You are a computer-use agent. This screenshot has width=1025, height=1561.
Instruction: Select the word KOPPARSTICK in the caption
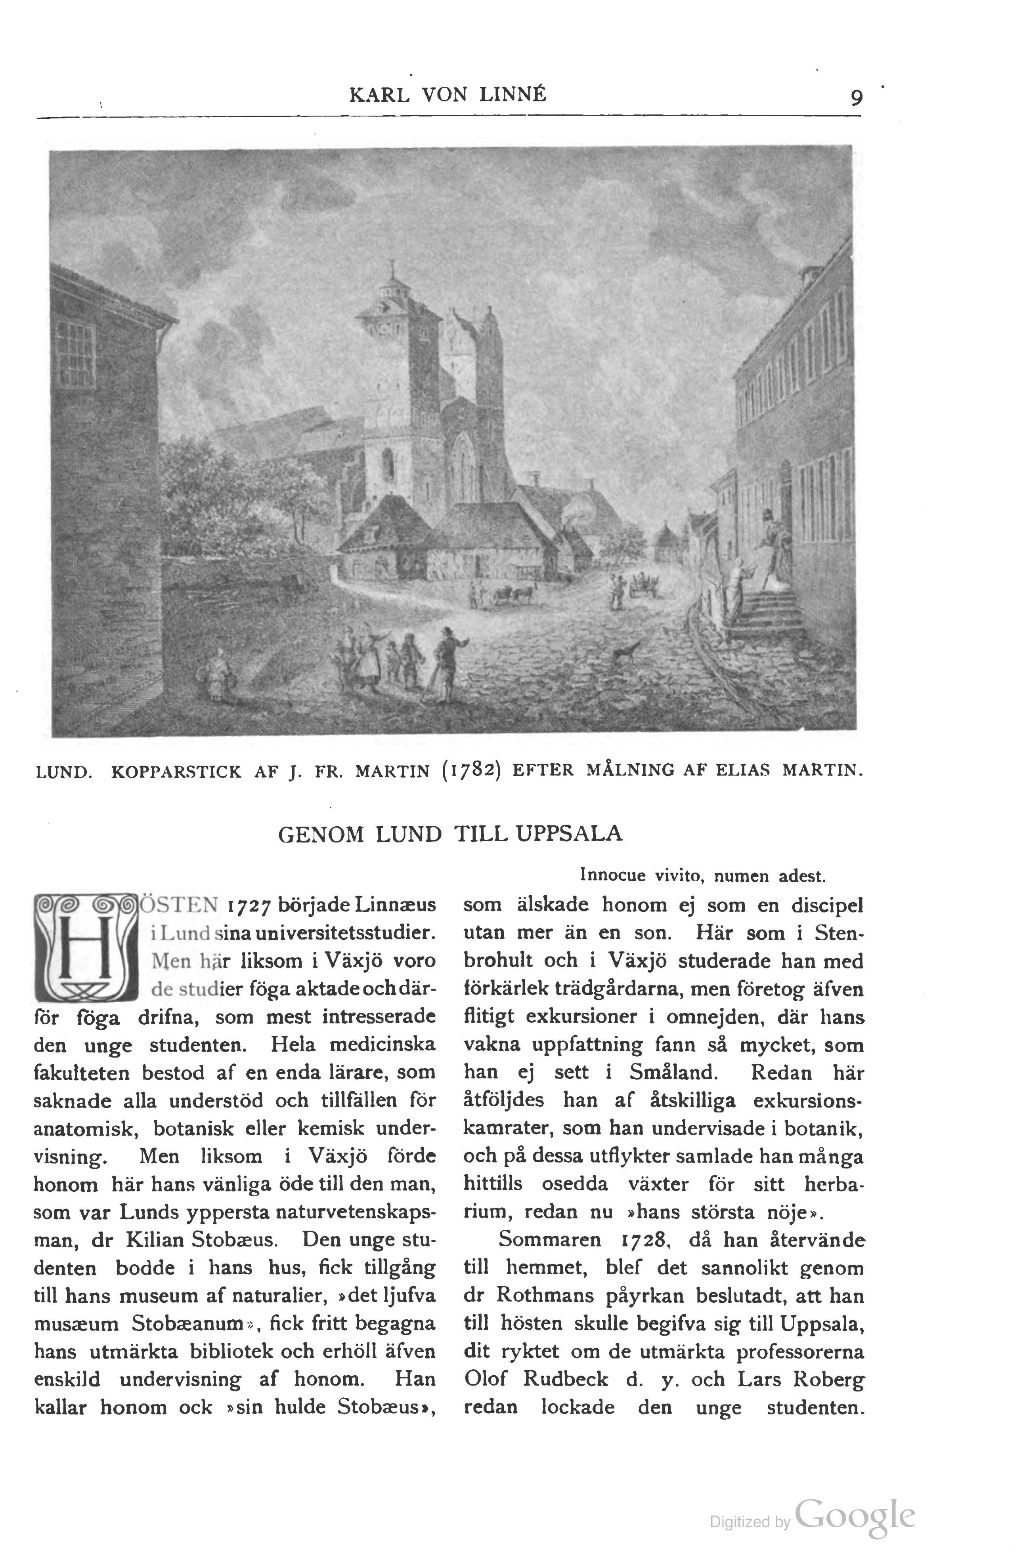176,771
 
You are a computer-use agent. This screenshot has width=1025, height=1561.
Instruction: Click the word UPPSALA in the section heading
569,834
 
